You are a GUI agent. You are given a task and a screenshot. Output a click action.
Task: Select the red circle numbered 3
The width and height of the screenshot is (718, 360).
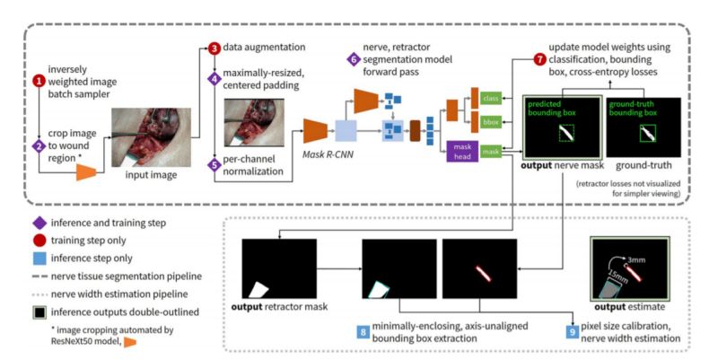215,48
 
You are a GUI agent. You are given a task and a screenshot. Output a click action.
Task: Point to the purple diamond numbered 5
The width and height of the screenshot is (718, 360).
215,164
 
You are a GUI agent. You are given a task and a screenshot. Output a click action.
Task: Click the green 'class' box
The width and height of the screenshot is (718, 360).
490,98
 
